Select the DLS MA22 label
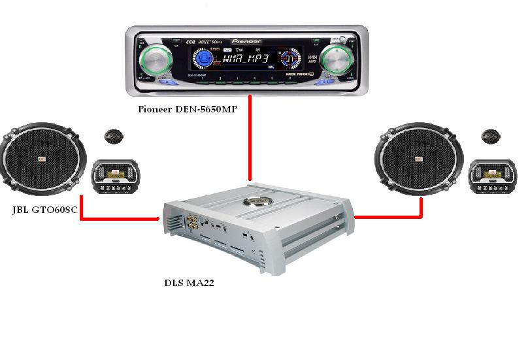pyautogui.click(x=189, y=284)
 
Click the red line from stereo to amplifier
pyautogui.click(x=250, y=144)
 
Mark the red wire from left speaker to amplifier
pyautogui.click(x=118, y=218)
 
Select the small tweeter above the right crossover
pyautogui.click(x=490, y=137)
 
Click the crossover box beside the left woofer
pyautogui.click(x=115, y=176)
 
